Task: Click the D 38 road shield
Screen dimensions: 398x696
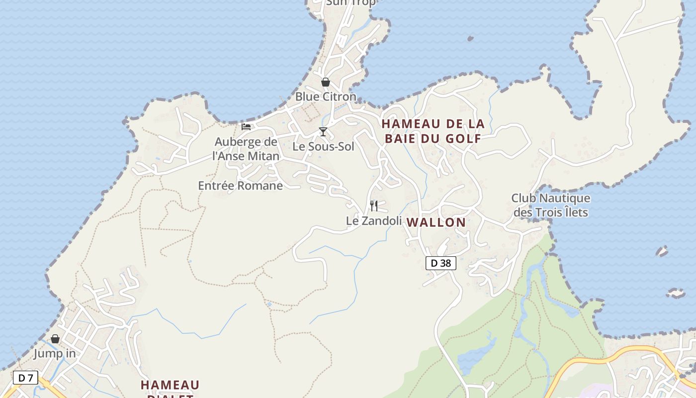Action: tap(440, 263)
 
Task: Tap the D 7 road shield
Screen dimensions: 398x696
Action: tap(25, 378)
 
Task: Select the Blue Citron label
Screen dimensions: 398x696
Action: tap(326, 97)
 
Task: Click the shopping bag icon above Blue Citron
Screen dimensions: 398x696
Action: tap(326, 82)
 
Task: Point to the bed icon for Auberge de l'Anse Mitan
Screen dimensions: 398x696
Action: tap(246, 127)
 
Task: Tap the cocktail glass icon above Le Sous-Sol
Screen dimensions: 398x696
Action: tap(323, 132)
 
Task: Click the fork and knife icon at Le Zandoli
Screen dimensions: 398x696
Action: tap(374, 205)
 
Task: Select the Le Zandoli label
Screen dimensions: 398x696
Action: tap(374, 220)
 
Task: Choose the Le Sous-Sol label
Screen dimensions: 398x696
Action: tap(323, 147)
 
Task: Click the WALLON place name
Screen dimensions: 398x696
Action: tap(436, 222)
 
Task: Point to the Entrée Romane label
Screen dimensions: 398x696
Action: tap(240, 186)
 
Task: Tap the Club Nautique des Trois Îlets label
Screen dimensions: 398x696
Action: tap(551, 205)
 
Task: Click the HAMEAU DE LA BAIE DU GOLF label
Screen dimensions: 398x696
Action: tap(433, 131)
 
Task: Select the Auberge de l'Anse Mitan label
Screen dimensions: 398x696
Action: tap(246, 149)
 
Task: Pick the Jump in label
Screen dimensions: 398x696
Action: tap(55, 354)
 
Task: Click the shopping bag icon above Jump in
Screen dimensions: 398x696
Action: tap(55, 339)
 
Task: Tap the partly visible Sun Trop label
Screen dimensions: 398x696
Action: tap(344, 3)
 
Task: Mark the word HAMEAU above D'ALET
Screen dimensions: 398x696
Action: tap(170, 385)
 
